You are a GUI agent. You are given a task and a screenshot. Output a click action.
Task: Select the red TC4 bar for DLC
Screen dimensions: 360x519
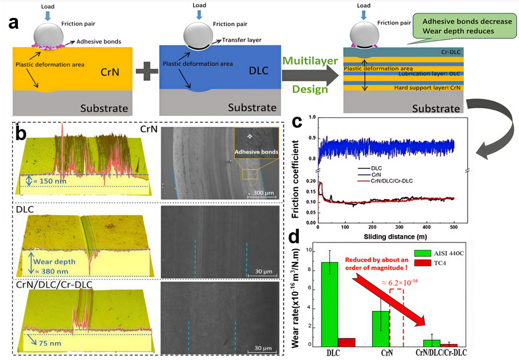(x=346, y=342)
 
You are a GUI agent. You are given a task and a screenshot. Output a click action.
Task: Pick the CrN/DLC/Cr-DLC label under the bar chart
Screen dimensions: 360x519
(x=439, y=352)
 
